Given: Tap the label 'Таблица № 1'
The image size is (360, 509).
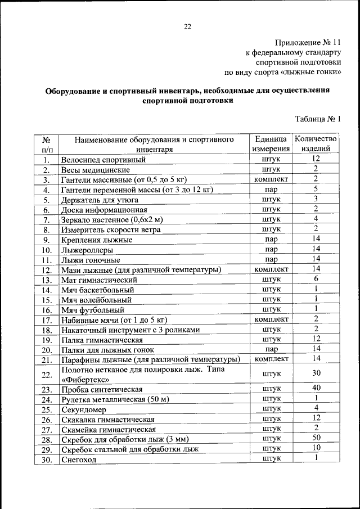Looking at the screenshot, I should [x=318, y=118].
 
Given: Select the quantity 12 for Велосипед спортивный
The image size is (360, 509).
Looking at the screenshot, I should [x=316, y=159].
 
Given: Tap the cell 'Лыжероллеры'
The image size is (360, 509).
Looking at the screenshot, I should [x=87, y=250].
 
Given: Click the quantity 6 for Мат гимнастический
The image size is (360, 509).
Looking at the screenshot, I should [x=316, y=279].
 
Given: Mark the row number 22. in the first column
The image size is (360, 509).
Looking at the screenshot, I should [x=47, y=375].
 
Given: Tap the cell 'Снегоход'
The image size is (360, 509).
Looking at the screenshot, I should [x=79, y=460].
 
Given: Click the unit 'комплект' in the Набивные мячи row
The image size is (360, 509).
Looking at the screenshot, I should [x=272, y=319].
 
